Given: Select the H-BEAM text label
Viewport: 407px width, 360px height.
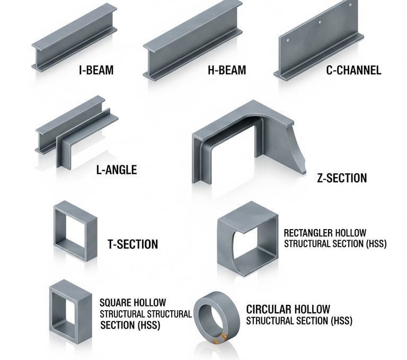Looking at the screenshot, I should pyautogui.click(x=227, y=70).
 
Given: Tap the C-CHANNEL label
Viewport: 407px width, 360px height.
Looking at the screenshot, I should pyautogui.click(x=353, y=70).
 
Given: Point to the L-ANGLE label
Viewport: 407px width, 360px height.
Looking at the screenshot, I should pyautogui.click(x=116, y=170).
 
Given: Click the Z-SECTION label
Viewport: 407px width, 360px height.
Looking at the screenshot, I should pyautogui.click(x=342, y=178).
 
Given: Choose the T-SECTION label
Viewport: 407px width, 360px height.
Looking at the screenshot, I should pyautogui.click(x=132, y=244).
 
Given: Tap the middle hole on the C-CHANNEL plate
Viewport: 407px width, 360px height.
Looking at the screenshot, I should pyautogui.click(x=319, y=23).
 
